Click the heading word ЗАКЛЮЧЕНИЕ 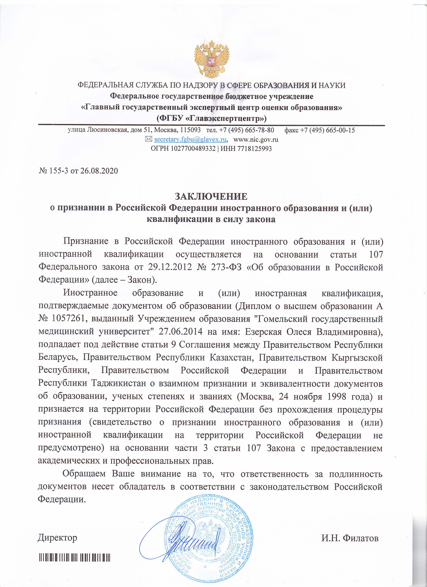click(x=211, y=196)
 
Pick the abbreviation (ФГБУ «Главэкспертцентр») click(x=211, y=119)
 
